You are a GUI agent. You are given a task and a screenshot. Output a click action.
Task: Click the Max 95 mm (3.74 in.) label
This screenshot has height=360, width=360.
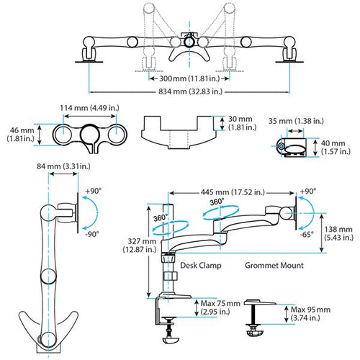tap(309, 313)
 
